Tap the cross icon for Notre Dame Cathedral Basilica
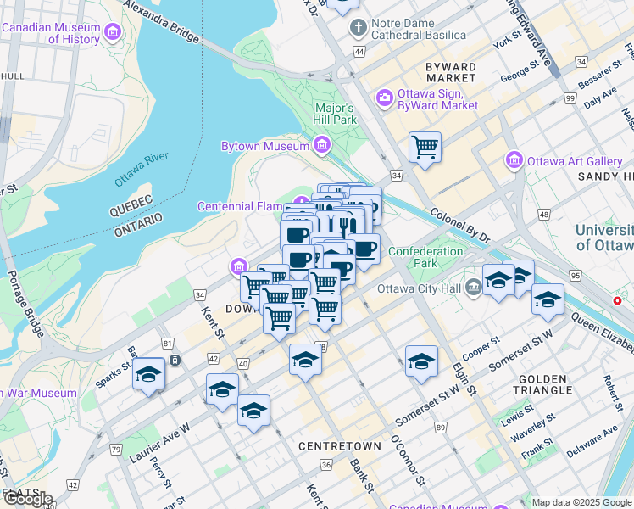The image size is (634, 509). pyautogui.click(x=359, y=28)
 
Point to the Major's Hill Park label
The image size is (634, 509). pyautogui.click(x=335, y=114)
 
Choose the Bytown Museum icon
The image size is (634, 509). pyautogui.click(x=321, y=147)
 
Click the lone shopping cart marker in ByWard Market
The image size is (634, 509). pyautogui.click(x=425, y=147)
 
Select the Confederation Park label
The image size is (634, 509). pyautogui.click(x=425, y=257)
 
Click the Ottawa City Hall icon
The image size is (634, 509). pyautogui.click(x=473, y=286)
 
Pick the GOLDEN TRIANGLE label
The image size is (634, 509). pyautogui.click(x=542, y=383)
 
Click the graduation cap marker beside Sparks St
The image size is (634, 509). pyautogui.click(x=149, y=373)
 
